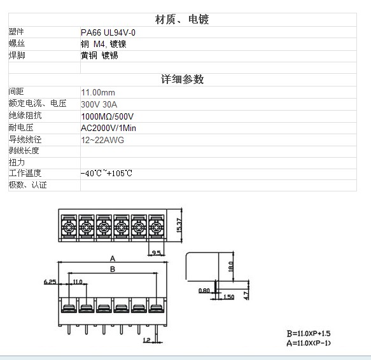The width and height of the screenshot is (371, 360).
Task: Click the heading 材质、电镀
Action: click(x=182, y=19)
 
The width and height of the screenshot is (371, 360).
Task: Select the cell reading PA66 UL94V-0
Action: click(x=108, y=32)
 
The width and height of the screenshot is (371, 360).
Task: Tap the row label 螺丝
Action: click(x=17, y=43)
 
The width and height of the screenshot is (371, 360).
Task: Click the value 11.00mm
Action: click(x=98, y=92)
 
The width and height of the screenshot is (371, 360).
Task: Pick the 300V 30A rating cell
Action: click(x=99, y=104)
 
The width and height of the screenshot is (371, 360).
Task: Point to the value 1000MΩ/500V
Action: click(x=107, y=116)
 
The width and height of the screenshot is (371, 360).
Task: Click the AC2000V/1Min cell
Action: click(x=108, y=128)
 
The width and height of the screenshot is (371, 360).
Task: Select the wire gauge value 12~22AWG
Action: click(x=102, y=140)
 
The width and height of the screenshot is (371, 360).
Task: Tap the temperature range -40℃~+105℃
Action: click(x=106, y=174)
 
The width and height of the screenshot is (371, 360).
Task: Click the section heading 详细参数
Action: click(x=182, y=80)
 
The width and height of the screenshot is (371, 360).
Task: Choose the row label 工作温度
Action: click(x=25, y=173)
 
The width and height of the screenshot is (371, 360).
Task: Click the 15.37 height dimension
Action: click(x=179, y=225)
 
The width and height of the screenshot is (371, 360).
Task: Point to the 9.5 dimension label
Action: click(x=156, y=253)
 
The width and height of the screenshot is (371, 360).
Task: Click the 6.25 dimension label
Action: click(x=50, y=282)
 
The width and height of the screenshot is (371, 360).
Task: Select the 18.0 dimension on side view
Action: click(x=231, y=267)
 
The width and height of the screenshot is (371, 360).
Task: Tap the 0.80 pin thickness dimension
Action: click(x=204, y=290)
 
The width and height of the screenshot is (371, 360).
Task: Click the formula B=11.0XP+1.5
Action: click(x=309, y=333)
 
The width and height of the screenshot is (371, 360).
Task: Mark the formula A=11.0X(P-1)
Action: click(x=309, y=343)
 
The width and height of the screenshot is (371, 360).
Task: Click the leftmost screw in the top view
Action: click(x=69, y=228)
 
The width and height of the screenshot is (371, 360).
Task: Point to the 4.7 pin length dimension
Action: click(x=246, y=296)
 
